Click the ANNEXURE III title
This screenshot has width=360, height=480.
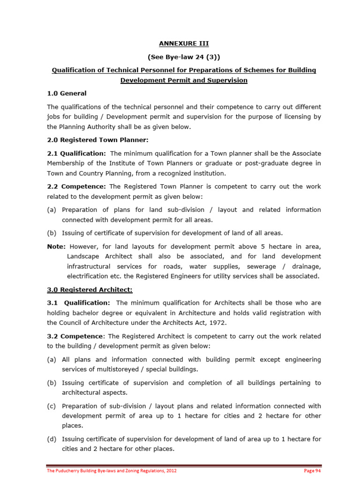click(x=184, y=44)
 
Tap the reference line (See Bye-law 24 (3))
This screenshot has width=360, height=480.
click(x=184, y=57)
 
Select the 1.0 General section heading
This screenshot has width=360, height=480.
click(x=67, y=93)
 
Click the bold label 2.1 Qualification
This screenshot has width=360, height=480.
click(x=77, y=153)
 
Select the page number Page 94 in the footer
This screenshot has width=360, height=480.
click(x=312, y=471)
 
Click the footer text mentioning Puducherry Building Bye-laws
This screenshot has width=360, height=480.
click(x=112, y=471)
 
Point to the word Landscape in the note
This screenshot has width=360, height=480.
click(x=83, y=256)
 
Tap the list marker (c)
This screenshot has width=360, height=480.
click(x=52, y=406)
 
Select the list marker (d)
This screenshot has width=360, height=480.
click(x=52, y=439)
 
